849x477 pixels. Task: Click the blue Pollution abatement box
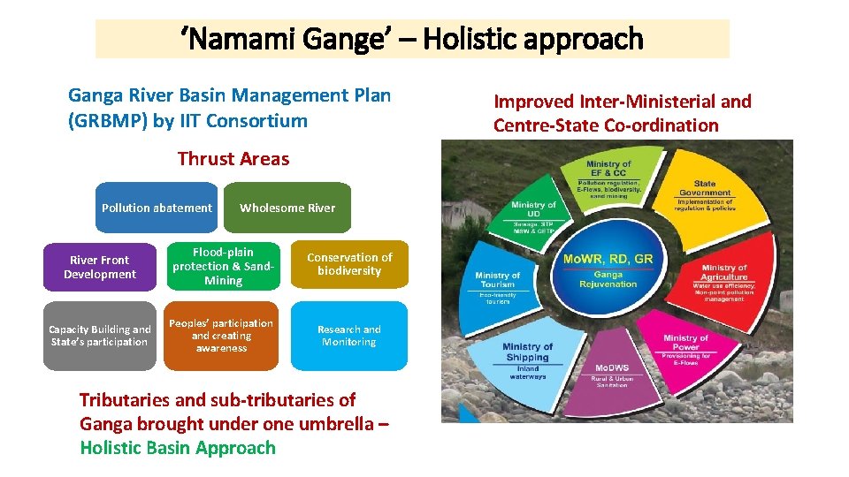(157, 208)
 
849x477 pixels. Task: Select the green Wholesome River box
(287, 208)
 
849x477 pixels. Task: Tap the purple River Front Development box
(100, 267)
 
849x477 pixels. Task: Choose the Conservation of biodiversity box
(349, 264)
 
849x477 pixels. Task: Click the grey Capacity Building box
(100, 336)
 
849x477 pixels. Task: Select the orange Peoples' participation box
(221, 336)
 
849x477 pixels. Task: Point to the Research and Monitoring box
(349, 336)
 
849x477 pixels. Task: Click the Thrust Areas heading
(233, 159)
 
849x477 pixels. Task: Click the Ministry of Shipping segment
(528, 359)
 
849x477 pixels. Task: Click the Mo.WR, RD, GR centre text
(608, 260)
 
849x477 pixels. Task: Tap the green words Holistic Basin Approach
(178, 448)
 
